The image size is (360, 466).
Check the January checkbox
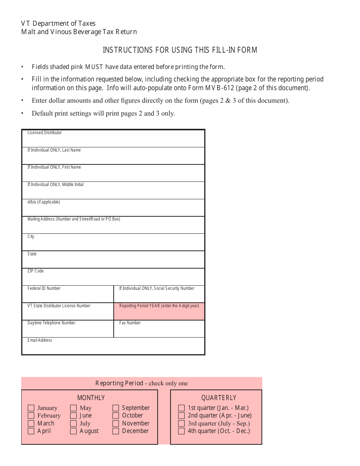pyautogui.click(x=31, y=408)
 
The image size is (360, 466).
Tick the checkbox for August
pyautogui.click(x=74, y=431)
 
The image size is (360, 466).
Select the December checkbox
pyautogui.click(x=116, y=431)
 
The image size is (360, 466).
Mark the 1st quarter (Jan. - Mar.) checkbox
pyautogui.click(x=182, y=408)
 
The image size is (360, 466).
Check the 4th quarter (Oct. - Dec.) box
pyautogui.click(x=182, y=431)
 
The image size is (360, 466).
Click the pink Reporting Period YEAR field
pyautogui.click(x=159, y=313)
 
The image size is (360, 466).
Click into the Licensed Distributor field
pyautogui.click(x=113, y=140)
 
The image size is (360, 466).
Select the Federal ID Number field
pyautogui.click(x=68, y=296)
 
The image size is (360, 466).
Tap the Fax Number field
pyautogui.click(x=159, y=330)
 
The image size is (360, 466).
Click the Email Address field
pyautogui.click(x=113, y=347)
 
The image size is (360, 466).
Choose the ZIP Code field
pyautogui.click(x=113, y=278)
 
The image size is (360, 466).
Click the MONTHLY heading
pyautogui.click(x=91, y=398)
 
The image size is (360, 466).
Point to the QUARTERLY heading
pyautogui.click(x=219, y=398)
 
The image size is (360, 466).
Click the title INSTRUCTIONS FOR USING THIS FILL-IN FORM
pyautogui.click(x=180, y=50)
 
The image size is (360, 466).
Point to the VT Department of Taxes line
pyautogui.click(x=58, y=23)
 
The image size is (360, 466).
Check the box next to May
pyautogui.click(x=74, y=408)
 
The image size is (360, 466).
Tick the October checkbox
pyautogui.click(x=116, y=416)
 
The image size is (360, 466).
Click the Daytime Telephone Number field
pyautogui.click(x=68, y=330)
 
